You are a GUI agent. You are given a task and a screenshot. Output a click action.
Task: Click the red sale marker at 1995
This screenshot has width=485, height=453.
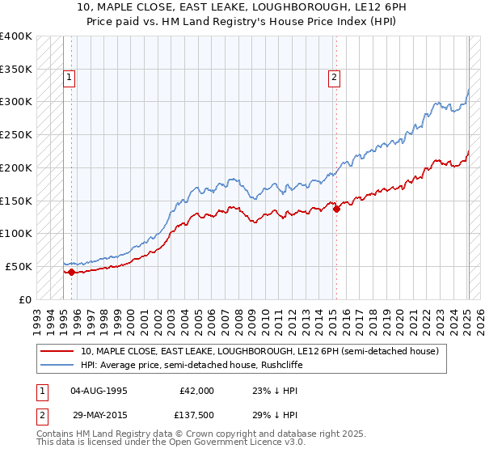(71, 272)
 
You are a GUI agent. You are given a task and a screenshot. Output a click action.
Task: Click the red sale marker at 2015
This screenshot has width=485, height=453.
(336, 208)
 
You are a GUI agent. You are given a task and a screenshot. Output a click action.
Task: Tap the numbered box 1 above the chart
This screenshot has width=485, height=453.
(70, 78)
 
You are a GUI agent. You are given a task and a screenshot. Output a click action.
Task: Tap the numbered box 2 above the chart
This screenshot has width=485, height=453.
(334, 78)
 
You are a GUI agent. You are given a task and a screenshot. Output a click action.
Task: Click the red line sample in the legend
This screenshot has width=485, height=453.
(57, 351)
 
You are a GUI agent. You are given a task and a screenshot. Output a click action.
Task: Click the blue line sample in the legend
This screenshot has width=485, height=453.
(57, 365)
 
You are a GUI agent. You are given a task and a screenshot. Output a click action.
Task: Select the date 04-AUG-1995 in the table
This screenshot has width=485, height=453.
(99, 391)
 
